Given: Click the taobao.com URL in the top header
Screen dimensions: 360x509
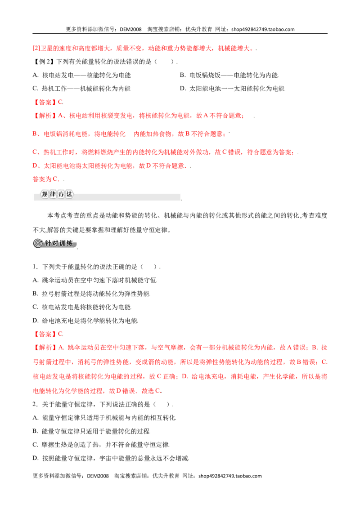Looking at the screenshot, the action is click(263, 29).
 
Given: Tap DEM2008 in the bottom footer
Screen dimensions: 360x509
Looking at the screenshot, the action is click(98, 476).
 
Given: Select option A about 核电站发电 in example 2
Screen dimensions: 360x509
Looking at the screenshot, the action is click(81, 75).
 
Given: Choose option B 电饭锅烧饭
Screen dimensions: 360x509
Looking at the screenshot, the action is click(229, 75).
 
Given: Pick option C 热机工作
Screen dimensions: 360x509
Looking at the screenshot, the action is click(81, 89).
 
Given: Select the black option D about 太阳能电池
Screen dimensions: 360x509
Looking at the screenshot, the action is click(232, 89).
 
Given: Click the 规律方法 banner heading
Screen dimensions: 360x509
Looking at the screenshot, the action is click(57, 194).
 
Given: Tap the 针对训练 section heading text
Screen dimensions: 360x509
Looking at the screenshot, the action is click(59, 243).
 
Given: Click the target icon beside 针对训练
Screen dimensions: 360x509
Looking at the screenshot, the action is click(38, 243).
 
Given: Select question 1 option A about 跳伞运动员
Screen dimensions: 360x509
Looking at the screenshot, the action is click(94, 280).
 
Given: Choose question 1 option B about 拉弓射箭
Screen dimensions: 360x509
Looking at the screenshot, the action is click(91, 294).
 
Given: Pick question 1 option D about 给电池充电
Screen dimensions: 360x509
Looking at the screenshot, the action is click(85, 321).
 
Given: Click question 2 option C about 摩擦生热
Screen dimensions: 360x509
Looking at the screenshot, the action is click(101, 445).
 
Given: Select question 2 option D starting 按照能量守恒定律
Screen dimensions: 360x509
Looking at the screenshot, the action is click(110, 458).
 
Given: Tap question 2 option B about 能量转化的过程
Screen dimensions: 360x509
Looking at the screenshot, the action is click(91, 431).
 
